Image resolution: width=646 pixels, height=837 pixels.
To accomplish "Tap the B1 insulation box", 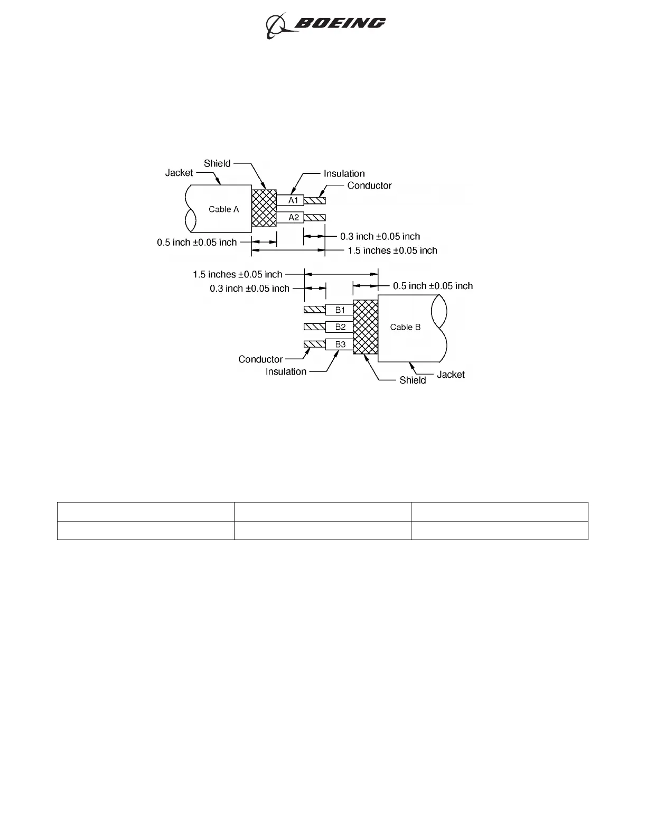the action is (340, 310).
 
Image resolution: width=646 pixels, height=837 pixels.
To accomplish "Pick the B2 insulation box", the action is (340, 327).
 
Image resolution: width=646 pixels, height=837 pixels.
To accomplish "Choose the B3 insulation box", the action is (340, 345).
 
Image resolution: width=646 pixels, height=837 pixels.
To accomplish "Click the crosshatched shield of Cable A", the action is (264, 208).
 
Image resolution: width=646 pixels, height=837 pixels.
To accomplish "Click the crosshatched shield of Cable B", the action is (366, 327).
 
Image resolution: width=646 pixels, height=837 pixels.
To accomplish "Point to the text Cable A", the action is (223, 209).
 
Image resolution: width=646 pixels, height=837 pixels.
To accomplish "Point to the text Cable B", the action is (405, 327).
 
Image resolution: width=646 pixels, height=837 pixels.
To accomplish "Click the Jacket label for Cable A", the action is (179, 173).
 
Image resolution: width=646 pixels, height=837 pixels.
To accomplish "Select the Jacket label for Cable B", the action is (451, 375).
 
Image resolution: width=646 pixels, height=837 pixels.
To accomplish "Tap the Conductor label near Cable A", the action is (369, 185).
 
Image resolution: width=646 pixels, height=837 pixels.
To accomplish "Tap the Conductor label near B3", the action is (260, 359).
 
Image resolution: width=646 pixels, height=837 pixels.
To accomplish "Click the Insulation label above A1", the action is (344, 173).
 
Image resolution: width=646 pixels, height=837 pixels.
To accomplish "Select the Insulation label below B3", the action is (286, 371).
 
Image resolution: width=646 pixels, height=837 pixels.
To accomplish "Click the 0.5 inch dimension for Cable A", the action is (196, 243).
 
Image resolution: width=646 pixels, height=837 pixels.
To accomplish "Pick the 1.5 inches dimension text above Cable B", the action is (237, 274).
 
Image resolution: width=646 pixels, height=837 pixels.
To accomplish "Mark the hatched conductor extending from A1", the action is (315, 201).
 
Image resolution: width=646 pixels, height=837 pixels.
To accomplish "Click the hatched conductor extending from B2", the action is (314, 327).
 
